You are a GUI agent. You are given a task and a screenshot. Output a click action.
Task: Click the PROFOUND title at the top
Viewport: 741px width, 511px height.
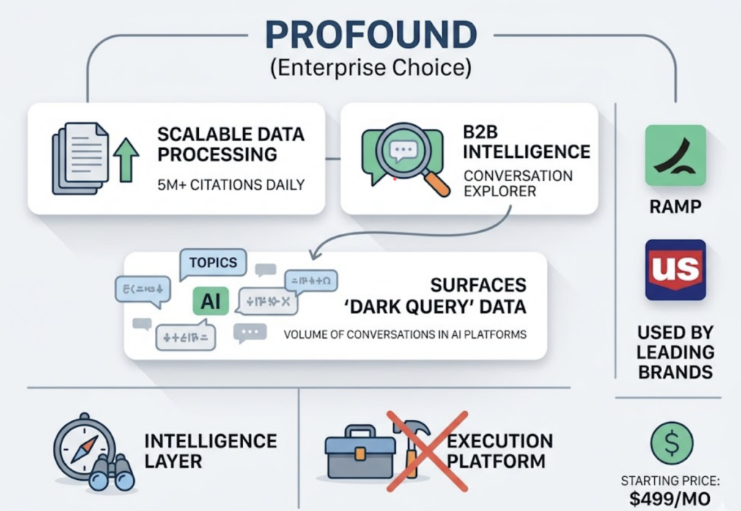370,34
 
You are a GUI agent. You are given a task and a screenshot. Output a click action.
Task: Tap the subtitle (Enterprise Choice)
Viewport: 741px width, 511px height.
370,70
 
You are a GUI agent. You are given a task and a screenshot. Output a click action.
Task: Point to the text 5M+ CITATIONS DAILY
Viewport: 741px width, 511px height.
231,185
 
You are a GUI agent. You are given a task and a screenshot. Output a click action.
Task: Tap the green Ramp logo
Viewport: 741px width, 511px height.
674,155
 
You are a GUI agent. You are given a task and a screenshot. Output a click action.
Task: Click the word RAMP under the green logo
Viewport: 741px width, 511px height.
674,207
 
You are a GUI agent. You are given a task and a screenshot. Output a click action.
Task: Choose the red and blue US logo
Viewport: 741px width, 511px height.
674,269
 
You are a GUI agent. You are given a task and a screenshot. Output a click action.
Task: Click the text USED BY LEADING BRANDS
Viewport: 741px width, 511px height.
674,352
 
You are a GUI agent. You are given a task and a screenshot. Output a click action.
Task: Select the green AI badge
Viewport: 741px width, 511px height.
211,302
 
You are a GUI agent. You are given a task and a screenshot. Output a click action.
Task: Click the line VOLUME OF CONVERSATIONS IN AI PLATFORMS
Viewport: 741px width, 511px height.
405,334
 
